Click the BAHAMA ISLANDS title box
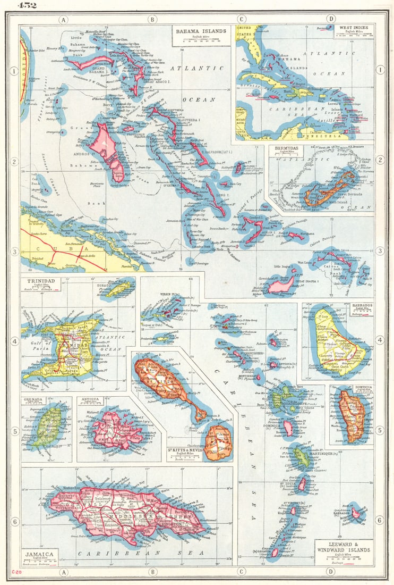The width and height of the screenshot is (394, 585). click(x=201, y=31)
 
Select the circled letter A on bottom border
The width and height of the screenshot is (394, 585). click(x=64, y=572)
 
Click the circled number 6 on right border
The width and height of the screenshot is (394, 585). click(x=380, y=520)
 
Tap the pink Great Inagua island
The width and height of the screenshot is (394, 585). click(x=281, y=285)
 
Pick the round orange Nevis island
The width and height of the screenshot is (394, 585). click(x=217, y=442)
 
